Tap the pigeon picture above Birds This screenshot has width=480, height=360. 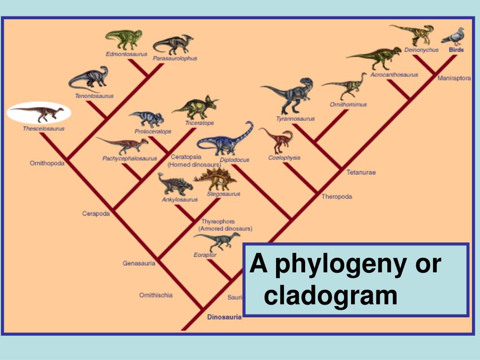pyautogui.click(x=452, y=37)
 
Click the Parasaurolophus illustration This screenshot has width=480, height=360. pyautogui.click(x=173, y=45)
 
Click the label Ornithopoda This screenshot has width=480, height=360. pyautogui.click(x=47, y=163)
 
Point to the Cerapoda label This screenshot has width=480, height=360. pyautogui.click(x=96, y=214)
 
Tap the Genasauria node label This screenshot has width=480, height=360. pyautogui.click(x=139, y=263)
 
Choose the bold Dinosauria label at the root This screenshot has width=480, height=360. pyautogui.click(x=224, y=317)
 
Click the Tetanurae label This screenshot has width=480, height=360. pyautogui.click(x=361, y=172)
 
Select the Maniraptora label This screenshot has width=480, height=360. pyautogui.click(x=454, y=78)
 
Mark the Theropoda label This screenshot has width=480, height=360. pyautogui.click(x=337, y=196)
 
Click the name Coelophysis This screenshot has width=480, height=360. pyautogui.click(x=284, y=158)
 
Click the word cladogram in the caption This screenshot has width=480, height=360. pyautogui.click(x=330, y=296)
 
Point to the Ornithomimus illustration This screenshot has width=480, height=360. pyautogui.click(x=345, y=86)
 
